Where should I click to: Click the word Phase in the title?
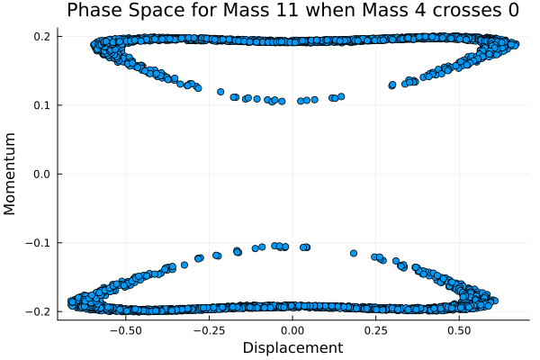coord(117,12)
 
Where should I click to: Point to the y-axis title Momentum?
coord(11,174)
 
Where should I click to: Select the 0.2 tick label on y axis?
coord(41,37)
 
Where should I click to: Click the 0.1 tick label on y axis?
coord(41,105)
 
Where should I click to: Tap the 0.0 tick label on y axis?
coord(41,174)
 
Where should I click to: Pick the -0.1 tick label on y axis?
coord(39,243)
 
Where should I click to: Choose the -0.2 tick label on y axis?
coord(39,311)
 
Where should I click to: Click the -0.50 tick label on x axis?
coord(125,329)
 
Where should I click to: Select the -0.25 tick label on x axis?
coord(209,329)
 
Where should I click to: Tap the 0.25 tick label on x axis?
coord(377,329)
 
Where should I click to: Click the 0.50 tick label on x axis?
coord(460,329)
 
